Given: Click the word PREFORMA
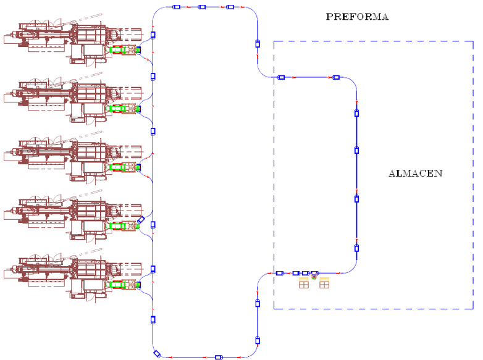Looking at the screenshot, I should pos(357,17).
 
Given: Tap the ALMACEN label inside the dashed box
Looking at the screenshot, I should pos(415,174).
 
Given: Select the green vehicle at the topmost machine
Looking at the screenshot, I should pos(117,50).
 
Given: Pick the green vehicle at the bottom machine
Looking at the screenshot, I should pos(117,285).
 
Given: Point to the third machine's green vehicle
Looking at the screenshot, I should pos(117,167).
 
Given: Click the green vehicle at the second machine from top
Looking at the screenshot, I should pos(117,109).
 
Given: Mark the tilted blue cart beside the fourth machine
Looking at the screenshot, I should pos(141,220).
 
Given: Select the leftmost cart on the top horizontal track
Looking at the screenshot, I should pos(175,7).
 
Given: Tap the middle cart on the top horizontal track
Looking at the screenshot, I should pos(201,7).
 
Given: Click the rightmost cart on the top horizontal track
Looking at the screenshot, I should pos(230,7).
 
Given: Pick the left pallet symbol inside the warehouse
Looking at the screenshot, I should pos(304,283).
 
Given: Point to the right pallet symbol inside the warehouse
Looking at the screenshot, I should pos(324,283).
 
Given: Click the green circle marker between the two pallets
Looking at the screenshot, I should pos(314,278).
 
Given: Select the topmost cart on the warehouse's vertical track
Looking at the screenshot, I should pos(356,113).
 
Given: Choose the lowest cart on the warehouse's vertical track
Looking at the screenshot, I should pos(356,248).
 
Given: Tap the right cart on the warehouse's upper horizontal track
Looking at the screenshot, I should pos(336,77).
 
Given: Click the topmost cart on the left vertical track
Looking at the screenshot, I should pos(153,35).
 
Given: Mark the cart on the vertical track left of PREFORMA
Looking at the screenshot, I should pos(258,44).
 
